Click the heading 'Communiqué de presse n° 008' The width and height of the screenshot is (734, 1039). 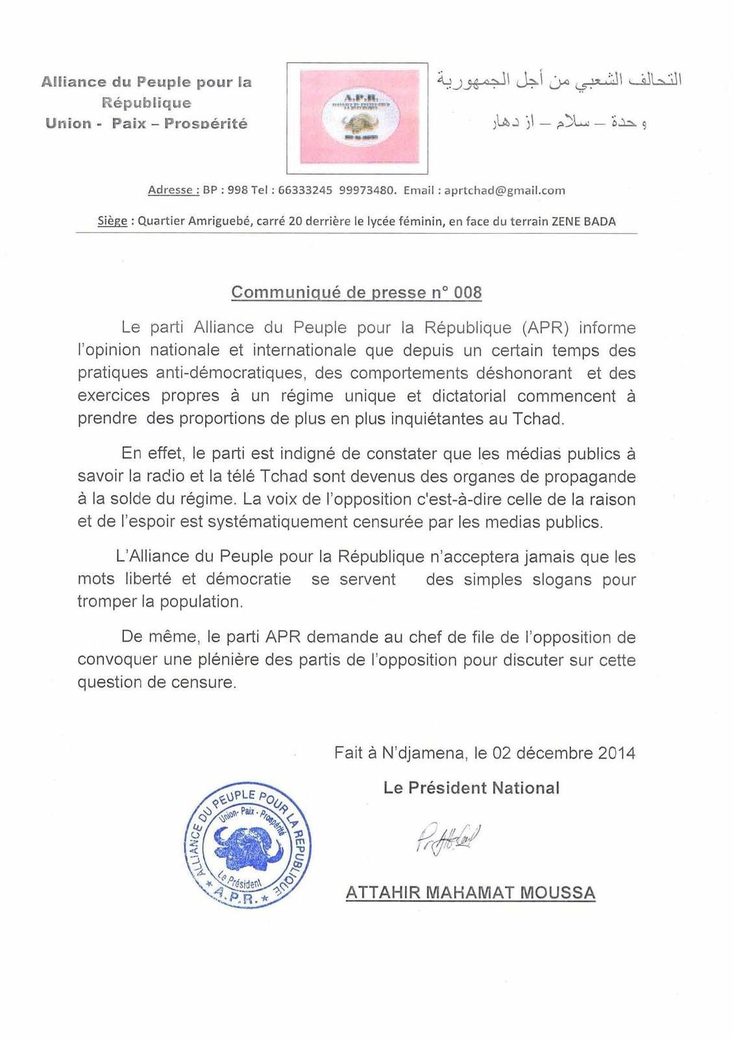coord(356,292)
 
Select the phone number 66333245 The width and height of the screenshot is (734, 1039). coord(305,190)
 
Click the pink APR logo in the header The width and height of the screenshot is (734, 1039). coord(357,118)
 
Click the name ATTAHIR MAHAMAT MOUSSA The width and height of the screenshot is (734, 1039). coord(471,893)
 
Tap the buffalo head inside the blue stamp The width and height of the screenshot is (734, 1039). coord(247,846)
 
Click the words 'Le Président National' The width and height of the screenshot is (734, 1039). coord(471,788)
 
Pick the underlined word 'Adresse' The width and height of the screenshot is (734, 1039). coord(171,190)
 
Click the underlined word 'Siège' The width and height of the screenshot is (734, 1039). coord(112,221)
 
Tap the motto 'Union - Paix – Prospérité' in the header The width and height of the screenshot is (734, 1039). coord(147,123)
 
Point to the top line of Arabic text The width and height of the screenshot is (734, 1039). coord(558,81)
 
